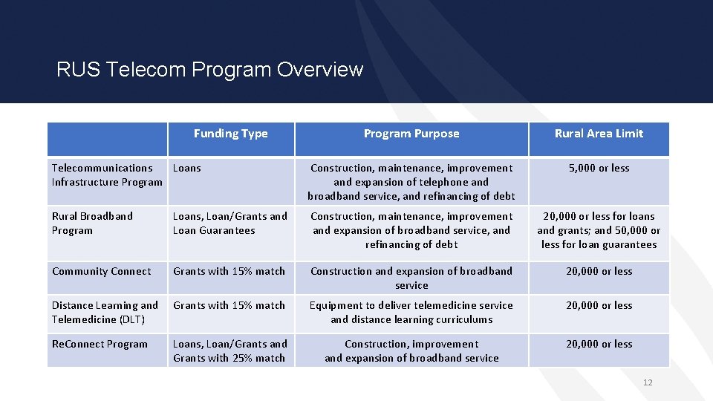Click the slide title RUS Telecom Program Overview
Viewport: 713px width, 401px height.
209,70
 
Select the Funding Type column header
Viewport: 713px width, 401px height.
230,134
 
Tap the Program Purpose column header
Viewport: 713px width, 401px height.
411,134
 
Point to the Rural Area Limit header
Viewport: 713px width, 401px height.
599,134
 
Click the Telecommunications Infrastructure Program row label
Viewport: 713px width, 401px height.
106,175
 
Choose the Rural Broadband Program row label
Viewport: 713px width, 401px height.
92,223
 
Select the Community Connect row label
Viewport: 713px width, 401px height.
101,272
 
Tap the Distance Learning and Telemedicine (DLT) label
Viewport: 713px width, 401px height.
105,313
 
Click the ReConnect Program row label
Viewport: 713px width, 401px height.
100,345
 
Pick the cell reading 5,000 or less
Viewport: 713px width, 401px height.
599,169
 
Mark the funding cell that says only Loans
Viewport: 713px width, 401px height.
187,169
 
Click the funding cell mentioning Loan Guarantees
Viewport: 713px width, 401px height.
230,224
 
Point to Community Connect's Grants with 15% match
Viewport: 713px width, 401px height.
229,272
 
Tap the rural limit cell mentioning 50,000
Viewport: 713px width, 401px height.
599,230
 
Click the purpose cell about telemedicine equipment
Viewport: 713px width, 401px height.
411,313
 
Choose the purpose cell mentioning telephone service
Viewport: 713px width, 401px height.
411,182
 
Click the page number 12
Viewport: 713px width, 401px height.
648,382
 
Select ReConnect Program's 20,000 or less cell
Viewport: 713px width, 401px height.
599,345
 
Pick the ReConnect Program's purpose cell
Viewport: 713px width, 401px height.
411,351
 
